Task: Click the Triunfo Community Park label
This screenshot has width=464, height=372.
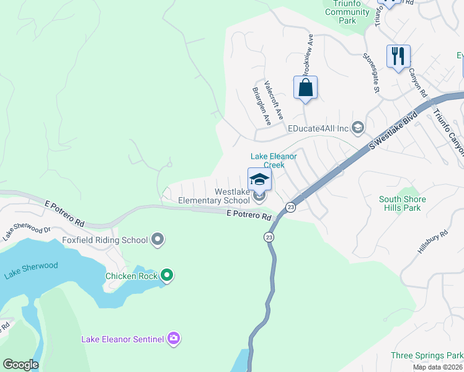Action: (x=347, y=12)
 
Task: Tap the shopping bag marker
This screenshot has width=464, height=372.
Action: (x=305, y=87)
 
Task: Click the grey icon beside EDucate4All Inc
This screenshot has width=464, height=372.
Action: (x=357, y=128)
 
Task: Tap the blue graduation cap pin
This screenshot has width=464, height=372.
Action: (x=259, y=180)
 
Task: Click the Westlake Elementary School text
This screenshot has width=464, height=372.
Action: (x=214, y=197)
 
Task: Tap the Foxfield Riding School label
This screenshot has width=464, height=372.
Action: (x=105, y=240)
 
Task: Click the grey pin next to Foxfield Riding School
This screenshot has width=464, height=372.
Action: (x=158, y=239)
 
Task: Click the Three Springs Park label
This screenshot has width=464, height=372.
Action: (x=427, y=355)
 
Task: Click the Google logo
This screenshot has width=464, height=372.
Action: (x=20, y=365)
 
